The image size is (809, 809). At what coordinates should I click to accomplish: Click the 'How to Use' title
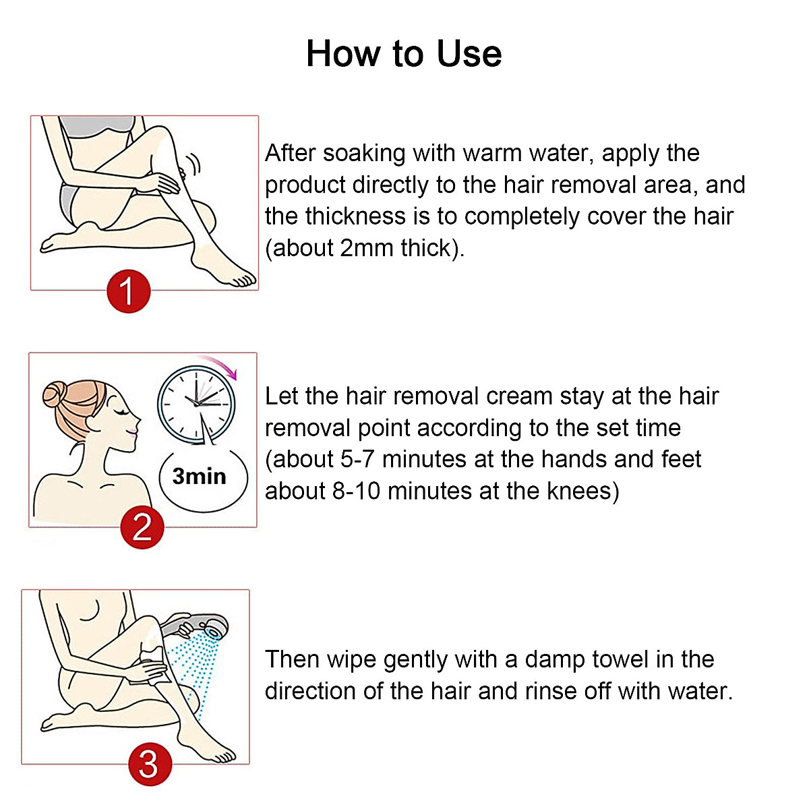coord(404,54)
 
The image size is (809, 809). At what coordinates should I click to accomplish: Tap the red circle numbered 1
coord(128,291)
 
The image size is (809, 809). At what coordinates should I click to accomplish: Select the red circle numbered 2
coord(142,527)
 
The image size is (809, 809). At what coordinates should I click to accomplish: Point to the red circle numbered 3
coord(148,765)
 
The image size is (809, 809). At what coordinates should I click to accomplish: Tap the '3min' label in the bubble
coord(200,477)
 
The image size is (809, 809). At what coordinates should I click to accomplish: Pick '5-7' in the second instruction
coord(357,460)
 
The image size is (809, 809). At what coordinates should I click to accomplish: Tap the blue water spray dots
coord(196,664)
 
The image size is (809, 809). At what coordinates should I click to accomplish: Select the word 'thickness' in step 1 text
coord(355,216)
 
